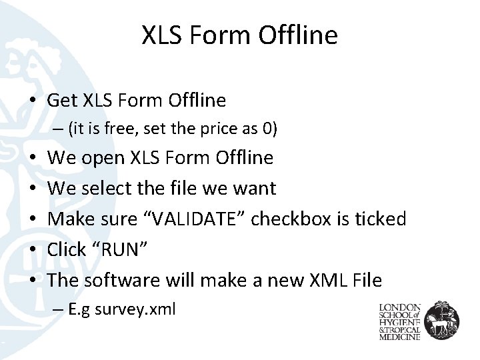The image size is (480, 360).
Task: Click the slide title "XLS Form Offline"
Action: (239, 35)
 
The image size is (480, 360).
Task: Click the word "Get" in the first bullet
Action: (63, 101)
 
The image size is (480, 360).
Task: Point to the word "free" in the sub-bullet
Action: (125, 129)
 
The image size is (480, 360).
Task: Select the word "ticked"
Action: (381, 219)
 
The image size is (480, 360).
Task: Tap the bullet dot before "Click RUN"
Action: (33, 250)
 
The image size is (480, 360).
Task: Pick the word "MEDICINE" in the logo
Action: (400, 337)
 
